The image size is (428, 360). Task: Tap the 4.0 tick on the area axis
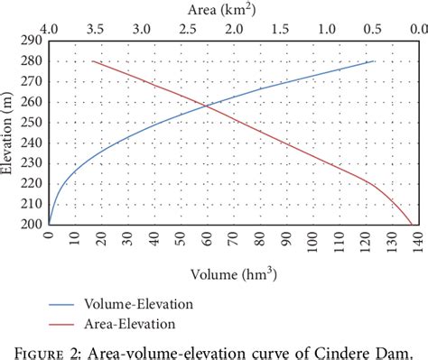tap(49, 29)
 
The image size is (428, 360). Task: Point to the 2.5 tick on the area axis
tap(188, 29)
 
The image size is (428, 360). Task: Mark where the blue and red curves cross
tap(206, 106)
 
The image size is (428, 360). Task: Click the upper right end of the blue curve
tap(374, 61)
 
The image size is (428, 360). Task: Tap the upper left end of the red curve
tap(93, 61)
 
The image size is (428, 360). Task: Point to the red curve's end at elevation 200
tap(413, 224)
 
